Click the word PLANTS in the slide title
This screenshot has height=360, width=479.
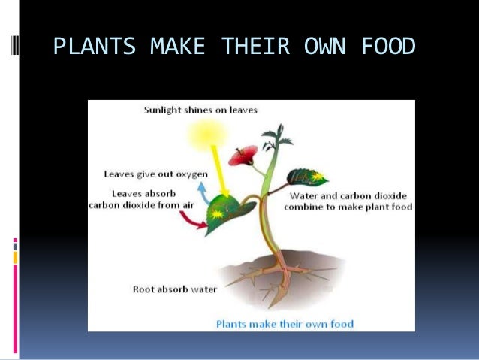95,47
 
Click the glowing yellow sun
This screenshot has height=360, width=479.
202,135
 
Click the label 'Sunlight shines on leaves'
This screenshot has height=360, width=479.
200,110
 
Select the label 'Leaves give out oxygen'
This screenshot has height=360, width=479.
155,174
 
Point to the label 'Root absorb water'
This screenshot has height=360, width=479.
174,288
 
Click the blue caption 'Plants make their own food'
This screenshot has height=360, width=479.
285,324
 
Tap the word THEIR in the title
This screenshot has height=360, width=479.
255,47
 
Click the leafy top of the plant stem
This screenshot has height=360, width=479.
273,139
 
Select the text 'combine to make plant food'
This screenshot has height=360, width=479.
351,207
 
